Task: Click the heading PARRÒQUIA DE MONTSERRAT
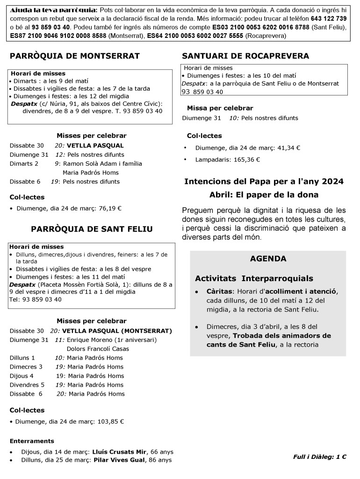(x=75, y=57)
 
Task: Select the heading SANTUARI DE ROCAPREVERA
(x=245, y=56)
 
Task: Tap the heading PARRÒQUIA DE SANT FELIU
(x=92, y=229)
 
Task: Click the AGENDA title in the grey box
(x=268, y=259)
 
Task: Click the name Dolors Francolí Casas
(x=98, y=348)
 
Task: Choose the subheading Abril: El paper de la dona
(x=264, y=195)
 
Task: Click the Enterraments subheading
(x=32, y=441)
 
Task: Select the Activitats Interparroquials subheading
(x=254, y=279)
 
